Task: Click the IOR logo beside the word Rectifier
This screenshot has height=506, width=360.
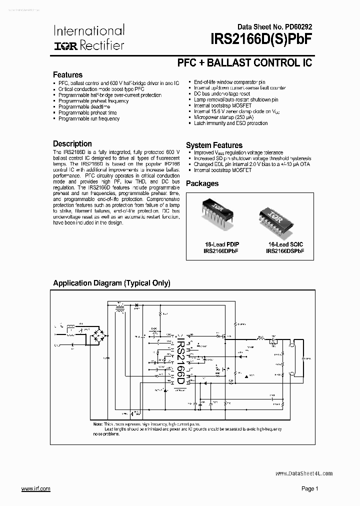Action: click(64, 45)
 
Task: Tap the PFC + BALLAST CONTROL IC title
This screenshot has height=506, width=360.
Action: click(244, 63)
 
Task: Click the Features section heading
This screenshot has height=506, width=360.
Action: click(68, 75)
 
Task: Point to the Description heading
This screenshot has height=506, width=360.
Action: click(72, 144)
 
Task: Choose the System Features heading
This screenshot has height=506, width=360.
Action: click(214, 145)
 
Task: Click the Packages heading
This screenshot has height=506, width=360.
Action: click(202, 183)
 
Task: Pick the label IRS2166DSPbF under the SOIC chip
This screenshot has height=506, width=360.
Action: click(285, 251)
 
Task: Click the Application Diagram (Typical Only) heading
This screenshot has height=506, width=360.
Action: click(112, 283)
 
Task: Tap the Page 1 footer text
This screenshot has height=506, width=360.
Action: click(309, 488)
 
